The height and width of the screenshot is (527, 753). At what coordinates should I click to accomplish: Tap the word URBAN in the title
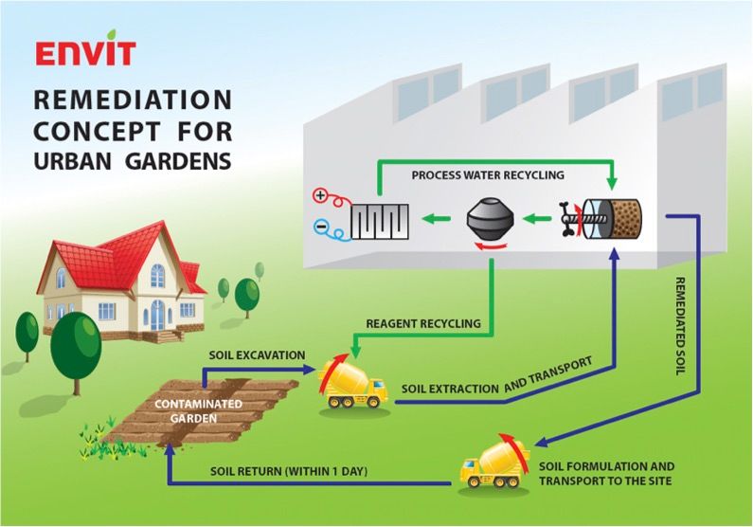pos(73,161)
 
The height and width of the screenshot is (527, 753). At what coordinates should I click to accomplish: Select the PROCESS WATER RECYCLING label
pos(488,174)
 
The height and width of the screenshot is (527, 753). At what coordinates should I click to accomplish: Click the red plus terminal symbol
pos(320,195)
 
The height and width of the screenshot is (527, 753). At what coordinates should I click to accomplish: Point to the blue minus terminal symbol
pos(320,226)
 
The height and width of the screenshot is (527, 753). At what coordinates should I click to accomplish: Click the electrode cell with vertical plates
pos(380,222)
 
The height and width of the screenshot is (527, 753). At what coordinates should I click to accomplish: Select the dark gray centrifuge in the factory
pos(490,221)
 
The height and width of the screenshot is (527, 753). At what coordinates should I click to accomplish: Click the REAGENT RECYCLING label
pos(423,324)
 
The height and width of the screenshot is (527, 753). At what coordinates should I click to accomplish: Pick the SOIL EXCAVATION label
pos(257,355)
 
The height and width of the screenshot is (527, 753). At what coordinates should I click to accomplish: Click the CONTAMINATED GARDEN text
pos(198,410)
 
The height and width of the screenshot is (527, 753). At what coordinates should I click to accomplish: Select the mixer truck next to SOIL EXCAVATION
pos(353,383)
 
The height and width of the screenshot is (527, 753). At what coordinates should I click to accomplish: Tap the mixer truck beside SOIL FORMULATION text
pos(494,463)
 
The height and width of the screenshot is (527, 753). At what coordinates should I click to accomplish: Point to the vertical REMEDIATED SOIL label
pos(680,326)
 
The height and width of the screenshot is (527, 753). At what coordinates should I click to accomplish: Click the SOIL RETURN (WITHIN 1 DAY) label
pos(289,471)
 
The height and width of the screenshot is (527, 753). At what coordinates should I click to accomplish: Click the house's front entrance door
pos(157,315)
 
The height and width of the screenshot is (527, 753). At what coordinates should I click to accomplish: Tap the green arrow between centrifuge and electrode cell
pos(436,219)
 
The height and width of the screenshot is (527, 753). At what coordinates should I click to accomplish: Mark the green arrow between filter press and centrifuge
pos(537,219)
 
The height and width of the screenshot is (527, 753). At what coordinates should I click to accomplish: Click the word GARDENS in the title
pos(179,161)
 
